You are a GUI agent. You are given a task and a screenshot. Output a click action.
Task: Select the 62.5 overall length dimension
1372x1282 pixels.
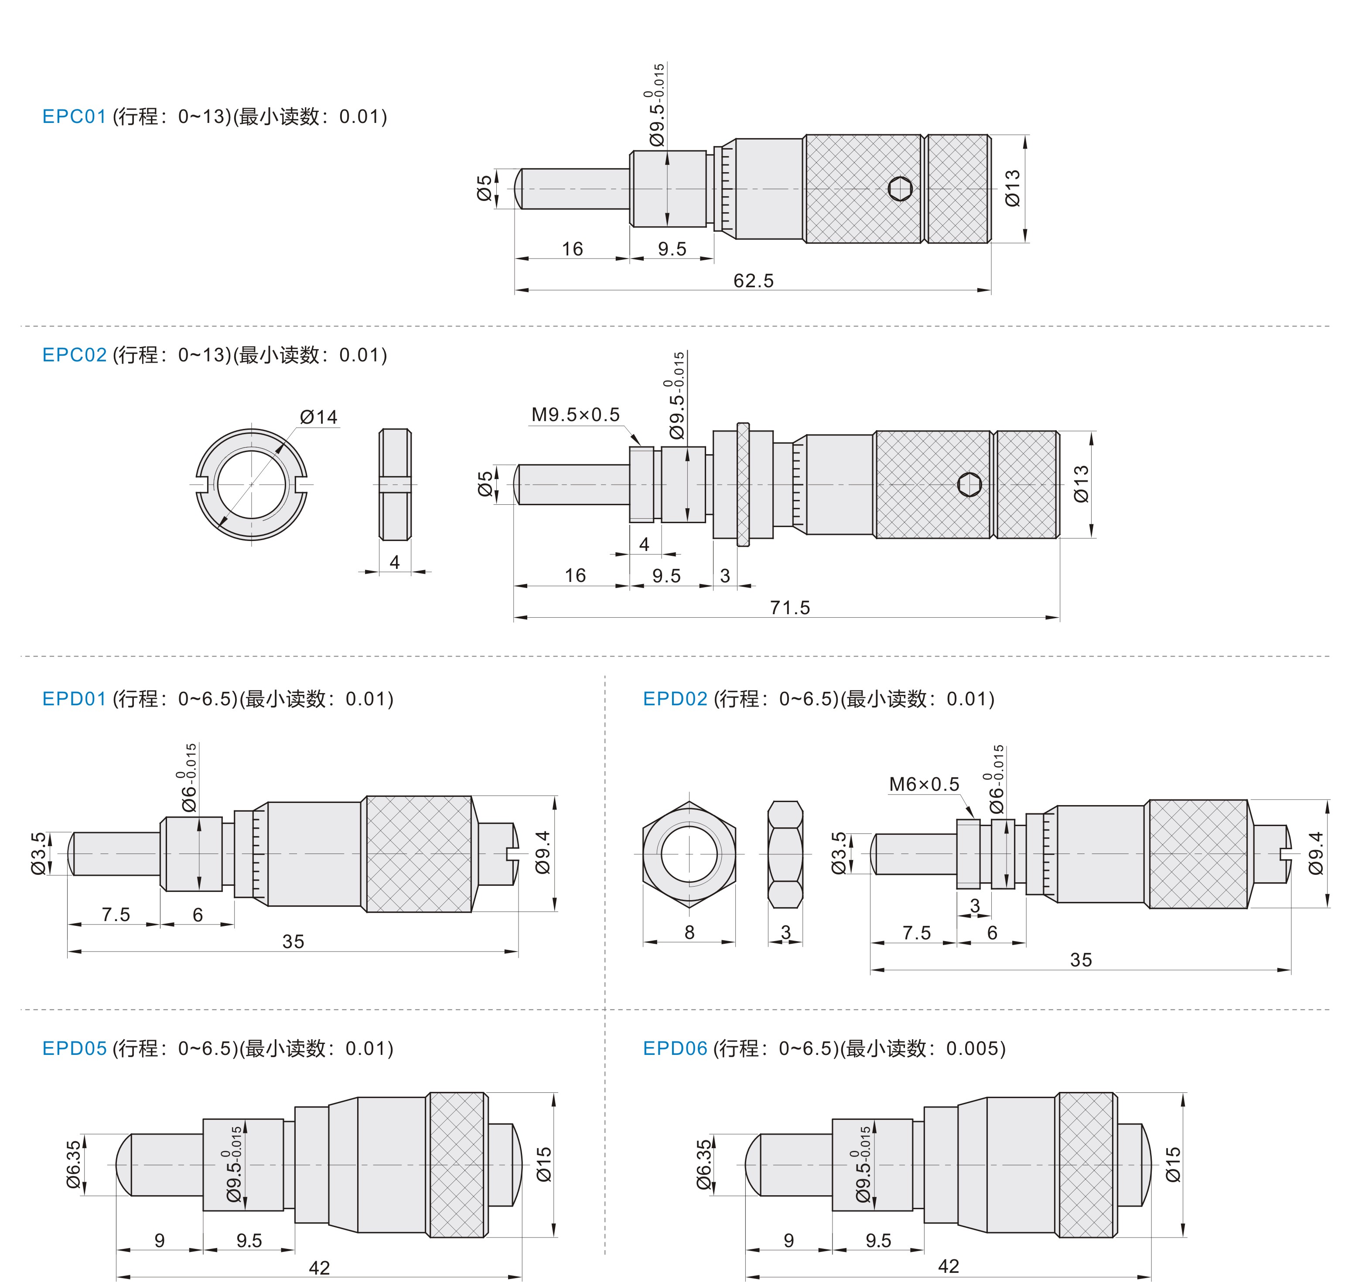(x=754, y=281)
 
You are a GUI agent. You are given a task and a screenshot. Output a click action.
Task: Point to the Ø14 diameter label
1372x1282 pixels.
(x=319, y=417)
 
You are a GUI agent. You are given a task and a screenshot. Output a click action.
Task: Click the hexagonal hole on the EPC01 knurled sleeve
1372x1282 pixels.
(x=901, y=188)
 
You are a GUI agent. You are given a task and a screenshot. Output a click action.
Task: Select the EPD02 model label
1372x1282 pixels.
(x=675, y=699)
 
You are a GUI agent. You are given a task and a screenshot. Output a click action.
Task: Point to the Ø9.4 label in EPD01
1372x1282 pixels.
(x=543, y=853)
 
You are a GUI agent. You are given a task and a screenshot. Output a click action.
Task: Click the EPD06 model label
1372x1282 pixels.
(x=675, y=1049)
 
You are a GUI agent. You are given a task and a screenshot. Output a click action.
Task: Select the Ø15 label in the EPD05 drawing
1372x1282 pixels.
(x=544, y=1165)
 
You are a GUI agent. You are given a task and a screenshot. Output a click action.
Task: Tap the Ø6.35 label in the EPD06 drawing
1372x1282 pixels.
(x=703, y=1165)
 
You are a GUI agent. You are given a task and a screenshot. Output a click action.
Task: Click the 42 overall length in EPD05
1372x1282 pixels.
(x=319, y=1268)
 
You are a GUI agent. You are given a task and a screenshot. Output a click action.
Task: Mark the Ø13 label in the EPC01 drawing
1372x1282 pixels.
(x=1013, y=188)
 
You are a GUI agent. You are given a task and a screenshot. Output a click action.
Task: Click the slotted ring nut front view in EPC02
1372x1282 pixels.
(x=251, y=484)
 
